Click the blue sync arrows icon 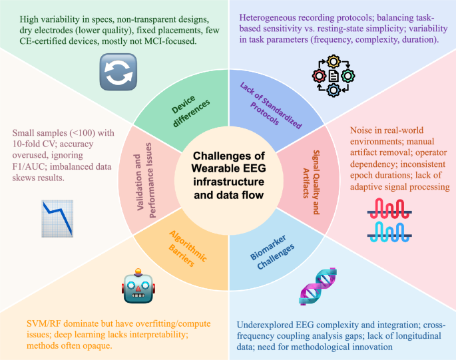click(x=118, y=72)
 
